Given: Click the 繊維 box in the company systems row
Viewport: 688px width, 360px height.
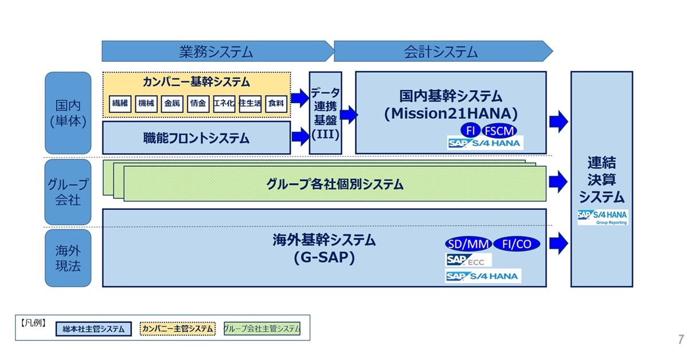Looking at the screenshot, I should (120, 104).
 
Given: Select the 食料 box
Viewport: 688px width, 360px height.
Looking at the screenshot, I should (276, 104).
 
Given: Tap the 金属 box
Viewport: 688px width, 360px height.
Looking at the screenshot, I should (172, 104).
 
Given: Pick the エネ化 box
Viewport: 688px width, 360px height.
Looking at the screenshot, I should (224, 104).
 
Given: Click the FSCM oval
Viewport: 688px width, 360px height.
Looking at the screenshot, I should (498, 131).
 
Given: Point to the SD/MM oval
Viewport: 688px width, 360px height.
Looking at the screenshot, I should (468, 244).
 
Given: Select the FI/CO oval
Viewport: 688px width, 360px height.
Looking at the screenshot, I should (517, 244).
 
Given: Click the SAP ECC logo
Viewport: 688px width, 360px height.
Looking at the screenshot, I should (468, 260).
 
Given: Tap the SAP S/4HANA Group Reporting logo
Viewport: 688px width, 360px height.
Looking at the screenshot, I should (602, 217).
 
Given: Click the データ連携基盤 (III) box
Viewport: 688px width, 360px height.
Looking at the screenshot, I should (326, 113).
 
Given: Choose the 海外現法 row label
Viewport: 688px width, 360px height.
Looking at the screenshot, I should (68, 258).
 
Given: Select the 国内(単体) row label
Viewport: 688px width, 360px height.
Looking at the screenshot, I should (68, 113).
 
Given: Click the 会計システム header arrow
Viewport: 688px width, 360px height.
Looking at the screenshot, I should (441, 51).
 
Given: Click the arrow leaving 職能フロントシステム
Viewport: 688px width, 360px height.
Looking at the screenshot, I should (299, 137).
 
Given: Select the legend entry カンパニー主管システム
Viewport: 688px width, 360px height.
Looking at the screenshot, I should (177, 328).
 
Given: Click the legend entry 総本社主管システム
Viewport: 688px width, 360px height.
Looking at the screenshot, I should (93, 329).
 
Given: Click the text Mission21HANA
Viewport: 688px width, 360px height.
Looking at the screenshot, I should (451, 113).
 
